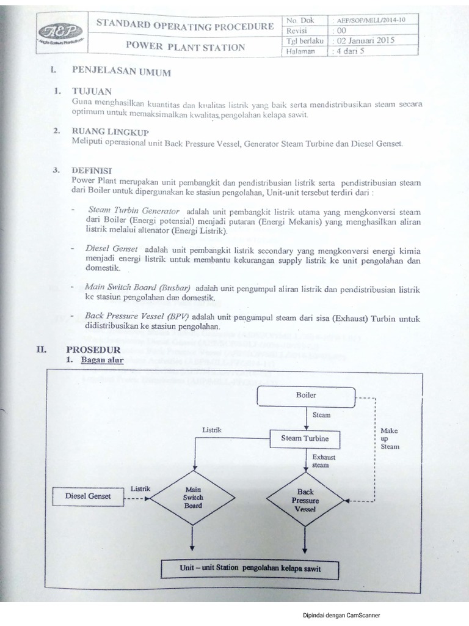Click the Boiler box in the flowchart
click(306, 396)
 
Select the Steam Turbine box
click(305, 438)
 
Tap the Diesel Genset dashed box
click(88, 496)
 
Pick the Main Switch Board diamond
click(193, 497)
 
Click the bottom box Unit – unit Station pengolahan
click(250, 569)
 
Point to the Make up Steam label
click(389, 438)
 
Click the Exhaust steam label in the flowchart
click(321, 461)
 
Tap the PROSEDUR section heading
click(93, 349)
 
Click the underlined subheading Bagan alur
click(103, 360)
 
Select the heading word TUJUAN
click(92, 91)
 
